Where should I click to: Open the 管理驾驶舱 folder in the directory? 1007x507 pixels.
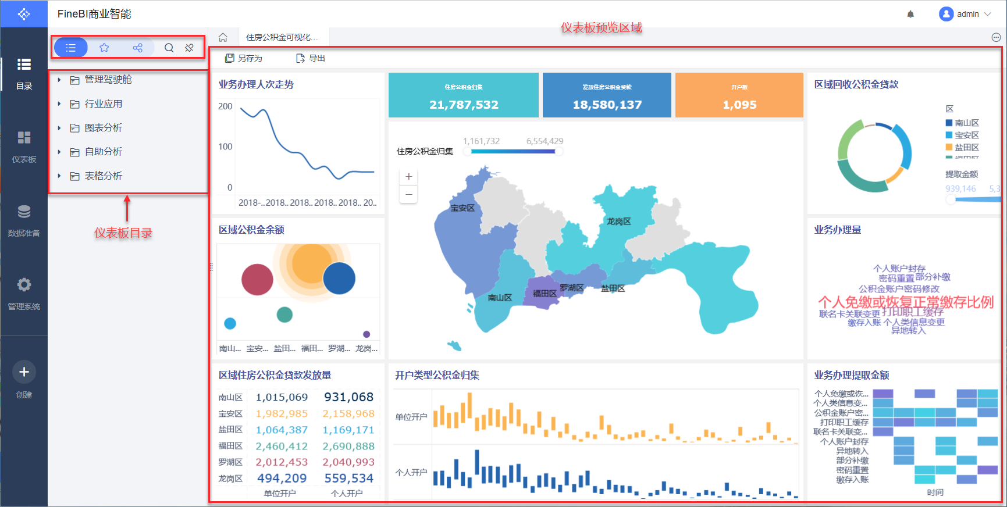(x=108, y=80)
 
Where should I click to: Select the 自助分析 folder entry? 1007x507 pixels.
(x=103, y=152)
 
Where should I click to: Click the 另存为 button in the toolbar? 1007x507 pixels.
(x=244, y=58)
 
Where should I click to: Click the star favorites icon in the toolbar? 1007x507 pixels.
(x=104, y=48)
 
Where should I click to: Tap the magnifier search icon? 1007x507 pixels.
(x=169, y=48)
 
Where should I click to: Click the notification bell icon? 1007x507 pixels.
(x=910, y=14)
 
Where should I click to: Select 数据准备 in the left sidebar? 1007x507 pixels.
(x=24, y=220)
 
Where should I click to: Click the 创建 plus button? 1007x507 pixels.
(x=24, y=372)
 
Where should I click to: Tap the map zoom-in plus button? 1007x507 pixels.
(x=408, y=177)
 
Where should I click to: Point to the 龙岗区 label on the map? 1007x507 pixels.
(x=618, y=222)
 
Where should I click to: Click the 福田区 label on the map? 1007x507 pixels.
(x=545, y=294)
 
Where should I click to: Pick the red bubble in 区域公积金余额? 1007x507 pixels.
(x=257, y=280)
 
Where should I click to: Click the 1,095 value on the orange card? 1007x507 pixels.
(x=739, y=105)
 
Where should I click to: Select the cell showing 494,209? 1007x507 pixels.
(x=282, y=479)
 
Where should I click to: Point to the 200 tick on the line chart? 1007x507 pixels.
(x=225, y=106)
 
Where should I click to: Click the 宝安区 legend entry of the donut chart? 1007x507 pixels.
(x=966, y=135)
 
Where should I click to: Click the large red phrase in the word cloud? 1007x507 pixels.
(x=905, y=302)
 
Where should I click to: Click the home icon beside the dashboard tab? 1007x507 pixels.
(x=223, y=37)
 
